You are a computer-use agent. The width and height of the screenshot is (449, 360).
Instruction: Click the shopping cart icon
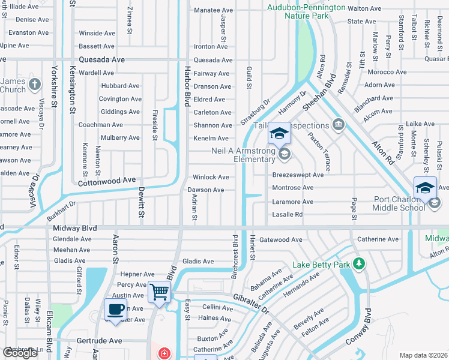160,292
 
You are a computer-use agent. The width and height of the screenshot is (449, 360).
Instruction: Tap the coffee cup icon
116,310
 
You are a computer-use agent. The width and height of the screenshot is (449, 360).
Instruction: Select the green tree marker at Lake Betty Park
359,263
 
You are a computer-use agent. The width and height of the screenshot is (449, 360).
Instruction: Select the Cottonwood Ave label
107,180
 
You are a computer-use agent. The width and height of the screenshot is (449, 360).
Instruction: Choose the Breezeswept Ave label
298,175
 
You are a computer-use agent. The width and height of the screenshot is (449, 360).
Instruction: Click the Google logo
20,353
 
